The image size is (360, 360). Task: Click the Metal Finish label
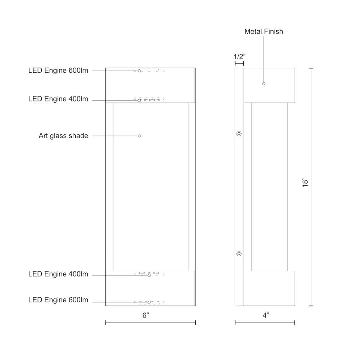point(264,31)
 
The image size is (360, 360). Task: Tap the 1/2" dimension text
point(239,57)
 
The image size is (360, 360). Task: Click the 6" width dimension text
point(145,315)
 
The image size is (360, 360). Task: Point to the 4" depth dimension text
point(266,315)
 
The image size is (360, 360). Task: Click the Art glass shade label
point(63,136)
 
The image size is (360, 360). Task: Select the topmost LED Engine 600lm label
point(58,70)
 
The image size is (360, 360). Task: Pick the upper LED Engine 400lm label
point(58,99)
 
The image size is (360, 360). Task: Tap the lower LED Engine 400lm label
point(58,274)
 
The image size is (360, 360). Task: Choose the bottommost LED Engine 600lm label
point(58,300)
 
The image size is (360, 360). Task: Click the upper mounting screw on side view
point(239,134)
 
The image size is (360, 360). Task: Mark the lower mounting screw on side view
point(239,254)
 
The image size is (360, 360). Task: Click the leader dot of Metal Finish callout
point(264,84)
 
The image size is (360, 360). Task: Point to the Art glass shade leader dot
point(139,136)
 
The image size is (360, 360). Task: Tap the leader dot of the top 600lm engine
point(139,71)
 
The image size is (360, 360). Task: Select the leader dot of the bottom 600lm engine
point(149,302)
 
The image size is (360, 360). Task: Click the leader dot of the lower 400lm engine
point(149,275)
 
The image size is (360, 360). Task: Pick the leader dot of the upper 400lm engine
point(139,100)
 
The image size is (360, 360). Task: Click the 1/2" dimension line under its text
point(239,63)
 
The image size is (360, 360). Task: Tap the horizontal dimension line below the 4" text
point(265,323)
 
